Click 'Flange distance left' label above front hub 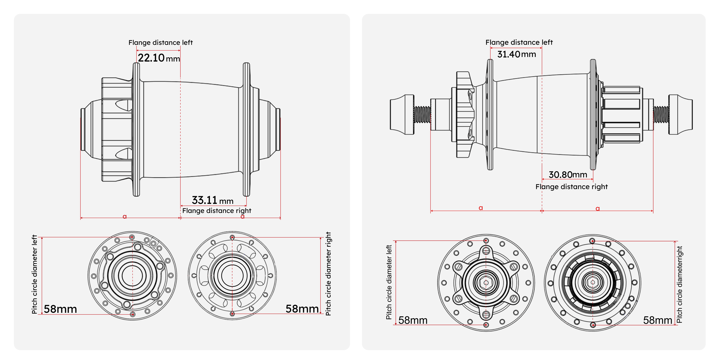tap(160, 43)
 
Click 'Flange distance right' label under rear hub tap(571, 187)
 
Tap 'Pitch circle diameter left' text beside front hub tap(34, 274)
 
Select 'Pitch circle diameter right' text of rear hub tap(680, 284)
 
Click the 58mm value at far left tap(60, 309)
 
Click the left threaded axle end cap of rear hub tap(402, 115)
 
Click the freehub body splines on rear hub tap(621, 115)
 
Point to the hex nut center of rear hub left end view tap(486, 283)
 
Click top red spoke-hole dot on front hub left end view tap(132, 237)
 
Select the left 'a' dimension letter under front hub tap(125, 216)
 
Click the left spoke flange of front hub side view tap(136, 129)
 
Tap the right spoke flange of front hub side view tap(246, 129)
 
